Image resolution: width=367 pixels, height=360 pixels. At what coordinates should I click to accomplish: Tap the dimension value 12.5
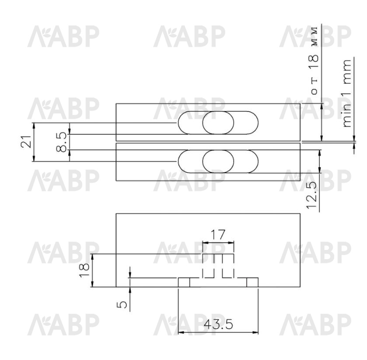tap(312, 195)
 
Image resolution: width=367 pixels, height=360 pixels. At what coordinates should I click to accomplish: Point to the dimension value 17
tap(218, 235)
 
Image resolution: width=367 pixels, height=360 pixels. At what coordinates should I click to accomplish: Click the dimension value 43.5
tap(218, 325)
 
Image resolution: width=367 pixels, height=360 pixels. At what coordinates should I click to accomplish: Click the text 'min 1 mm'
tap(347, 93)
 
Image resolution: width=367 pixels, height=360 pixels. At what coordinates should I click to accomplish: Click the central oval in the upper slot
tap(218, 123)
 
